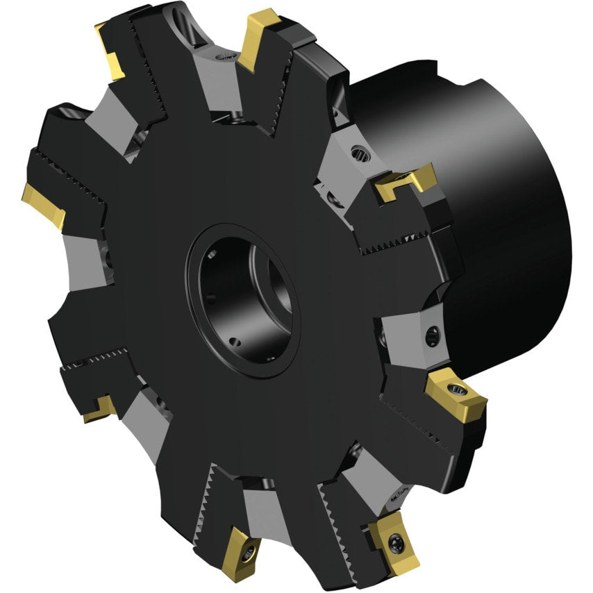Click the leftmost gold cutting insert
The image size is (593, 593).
tap(43, 204)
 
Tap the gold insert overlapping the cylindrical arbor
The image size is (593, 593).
tap(406, 181)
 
